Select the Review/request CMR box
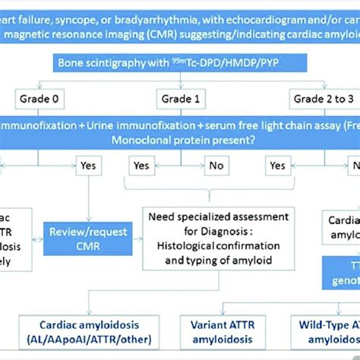coord(88,238)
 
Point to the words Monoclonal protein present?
coord(179,140)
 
